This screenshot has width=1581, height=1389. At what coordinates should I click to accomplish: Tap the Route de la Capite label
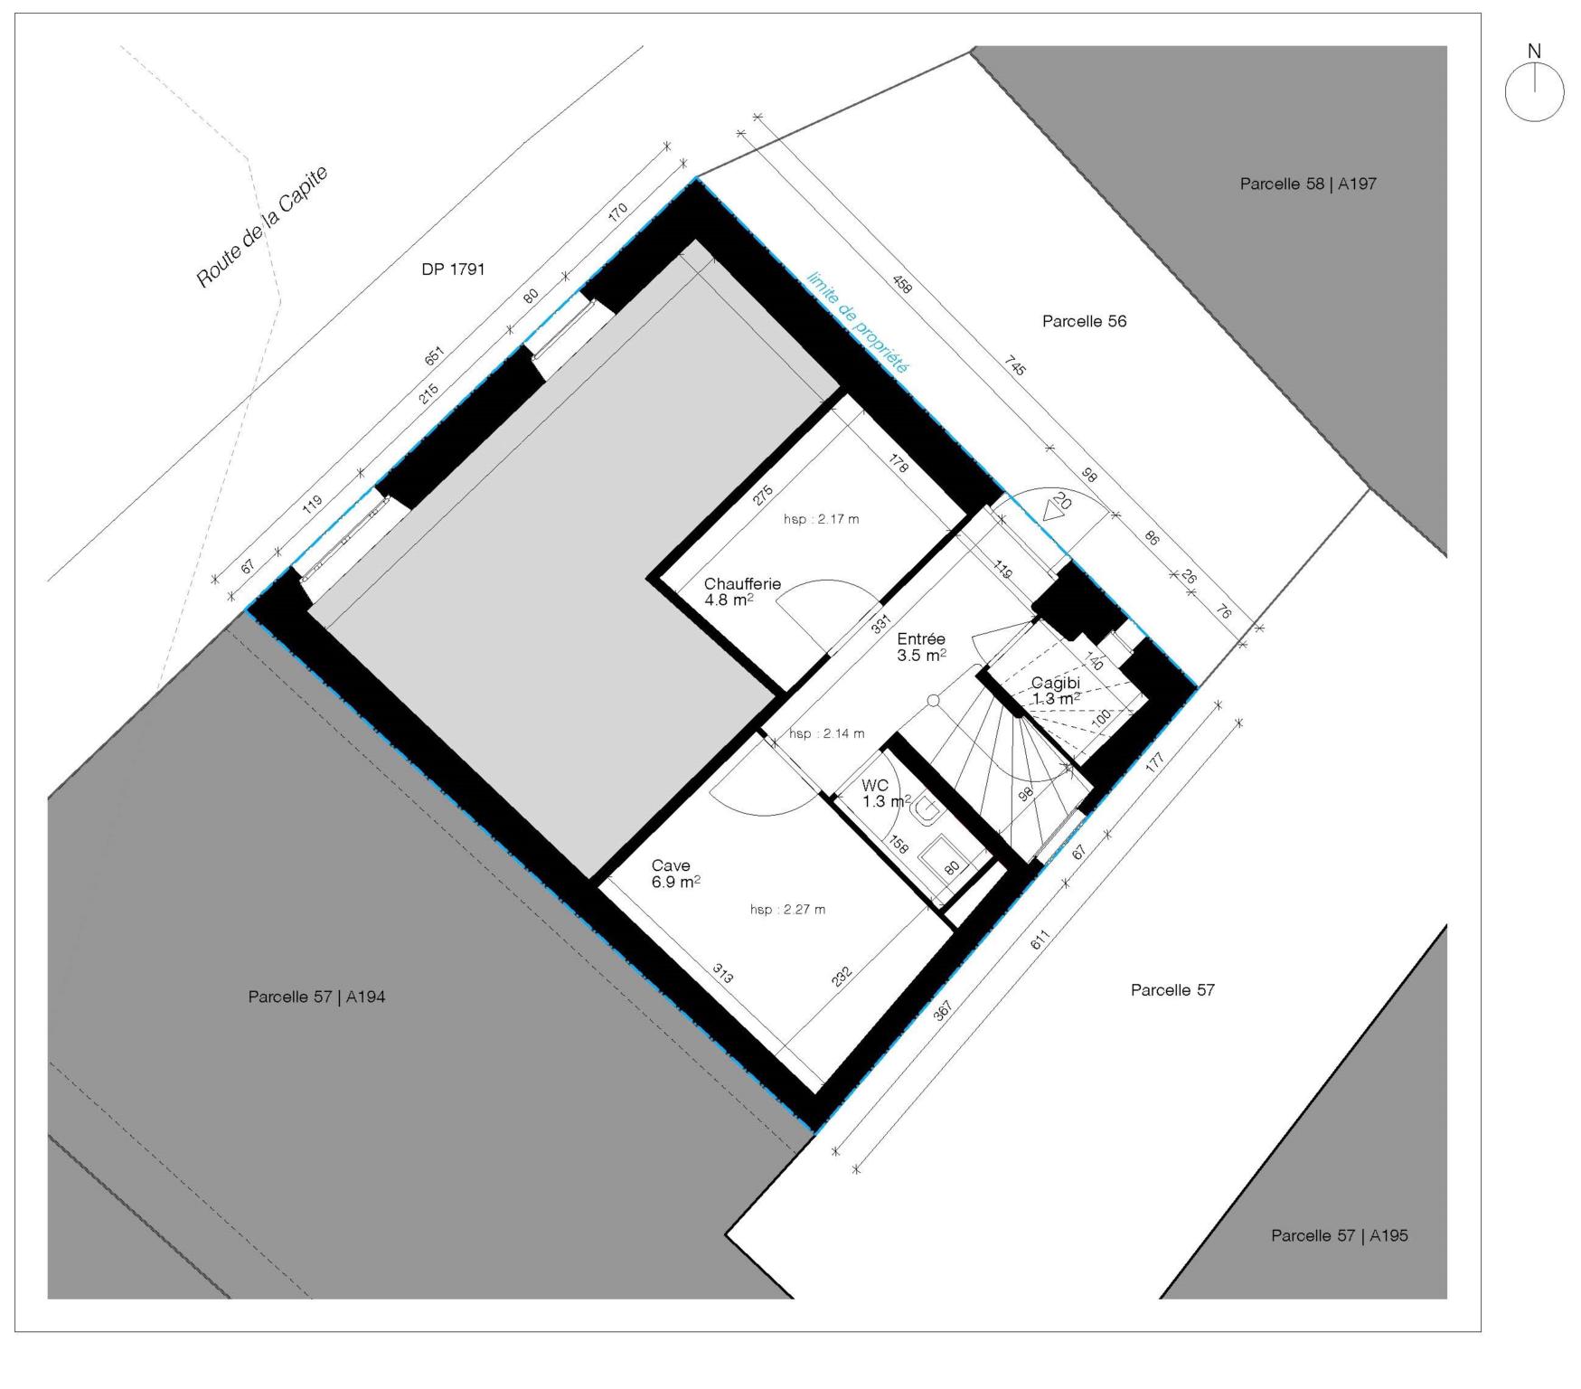click(262, 227)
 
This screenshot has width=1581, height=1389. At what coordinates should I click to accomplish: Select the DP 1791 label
click(453, 269)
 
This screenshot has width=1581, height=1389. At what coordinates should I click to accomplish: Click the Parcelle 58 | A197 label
click(1308, 184)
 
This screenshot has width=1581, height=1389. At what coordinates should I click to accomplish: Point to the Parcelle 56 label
click(1084, 321)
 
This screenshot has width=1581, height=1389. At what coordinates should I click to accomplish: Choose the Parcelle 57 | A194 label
click(316, 997)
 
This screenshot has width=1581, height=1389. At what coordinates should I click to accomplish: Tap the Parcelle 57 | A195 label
click(1339, 1235)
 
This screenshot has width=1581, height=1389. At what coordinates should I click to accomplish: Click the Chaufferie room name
click(742, 584)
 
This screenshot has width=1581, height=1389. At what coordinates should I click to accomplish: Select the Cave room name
click(671, 865)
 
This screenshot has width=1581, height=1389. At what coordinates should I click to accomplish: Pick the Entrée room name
click(921, 639)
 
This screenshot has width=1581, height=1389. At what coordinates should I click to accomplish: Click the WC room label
click(875, 785)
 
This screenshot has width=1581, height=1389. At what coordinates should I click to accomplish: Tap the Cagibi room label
click(1056, 683)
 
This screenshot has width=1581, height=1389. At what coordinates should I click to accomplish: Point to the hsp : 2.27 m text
click(787, 910)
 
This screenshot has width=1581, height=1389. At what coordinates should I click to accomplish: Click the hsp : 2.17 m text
click(821, 520)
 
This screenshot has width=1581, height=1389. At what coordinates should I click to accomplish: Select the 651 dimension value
click(435, 358)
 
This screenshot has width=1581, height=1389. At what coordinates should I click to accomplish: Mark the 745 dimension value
click(1014, 367)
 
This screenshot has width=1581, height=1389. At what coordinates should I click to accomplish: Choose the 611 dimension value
click(1041, 940)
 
